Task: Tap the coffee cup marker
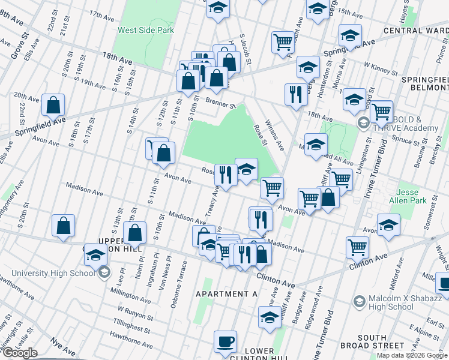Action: coord(226,341)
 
